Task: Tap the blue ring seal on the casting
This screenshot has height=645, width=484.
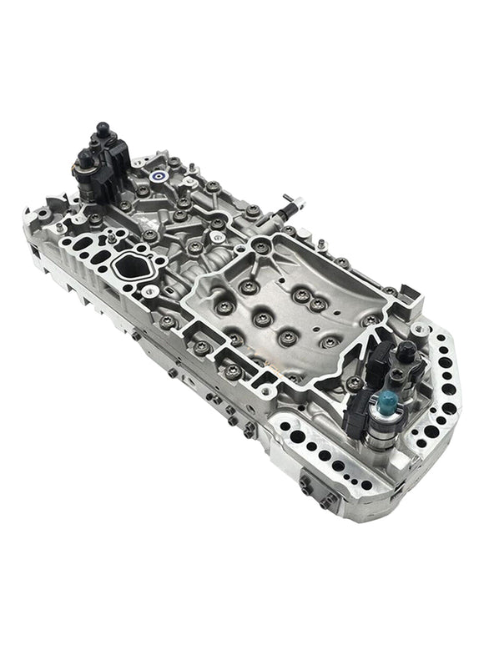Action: (159, 177)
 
